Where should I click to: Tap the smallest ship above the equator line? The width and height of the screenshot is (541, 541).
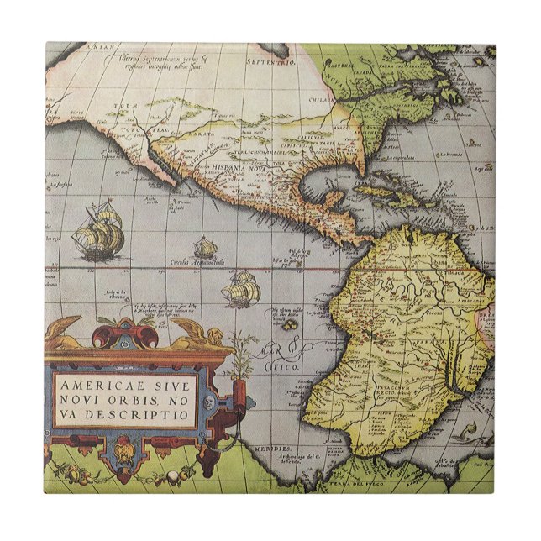click(205, 248)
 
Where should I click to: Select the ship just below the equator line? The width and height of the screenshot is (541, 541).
click(242, 289)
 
